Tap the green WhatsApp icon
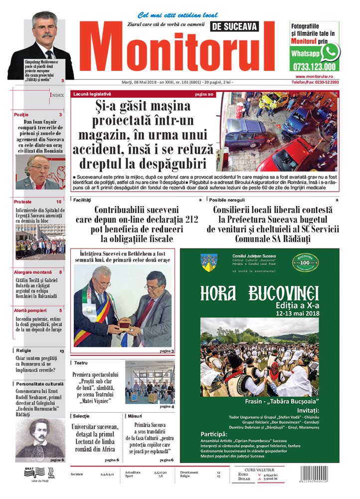pos(330,52)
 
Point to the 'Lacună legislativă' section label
pos(92,94)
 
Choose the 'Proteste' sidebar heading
pos(23,202)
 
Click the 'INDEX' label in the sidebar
pos(56,94)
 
